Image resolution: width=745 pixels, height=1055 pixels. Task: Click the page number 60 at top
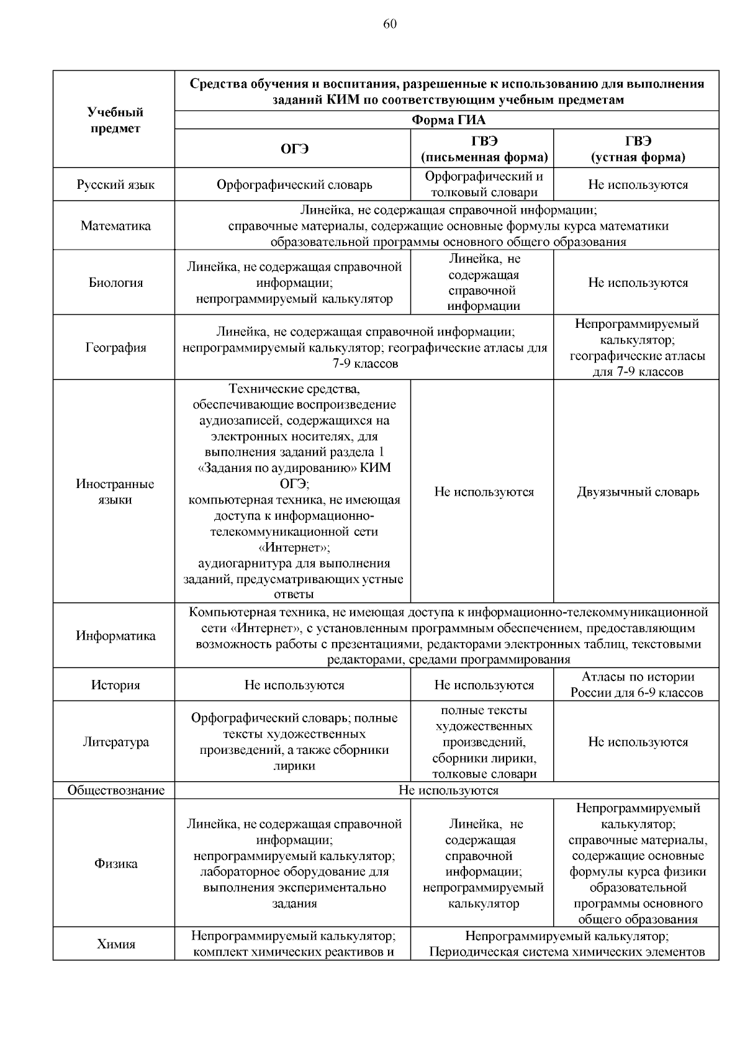tap(390, 24)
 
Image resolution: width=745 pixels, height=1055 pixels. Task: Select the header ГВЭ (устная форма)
tap(638, 149)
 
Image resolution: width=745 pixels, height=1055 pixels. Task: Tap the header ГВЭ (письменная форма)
tap(484, 149)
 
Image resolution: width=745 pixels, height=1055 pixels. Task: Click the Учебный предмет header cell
tap(115, 120)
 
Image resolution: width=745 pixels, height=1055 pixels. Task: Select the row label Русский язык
tap(115, 184)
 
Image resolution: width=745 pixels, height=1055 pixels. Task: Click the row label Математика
tap(115, 226)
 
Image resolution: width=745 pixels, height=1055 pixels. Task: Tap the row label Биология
tap(115, 283)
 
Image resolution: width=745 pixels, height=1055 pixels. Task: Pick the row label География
tap(115, 348)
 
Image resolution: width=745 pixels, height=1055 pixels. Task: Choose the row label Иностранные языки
tap(115, 492)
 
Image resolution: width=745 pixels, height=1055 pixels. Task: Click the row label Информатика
tap(115, 636)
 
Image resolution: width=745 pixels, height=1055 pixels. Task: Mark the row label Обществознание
tap(115, 790)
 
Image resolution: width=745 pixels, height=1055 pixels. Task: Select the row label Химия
tap(115, 944)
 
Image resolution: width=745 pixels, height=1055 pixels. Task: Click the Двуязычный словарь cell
tap(638, 492)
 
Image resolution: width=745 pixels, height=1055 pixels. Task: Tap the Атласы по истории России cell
tap(637, 685)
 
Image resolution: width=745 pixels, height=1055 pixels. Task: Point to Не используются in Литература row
tap(638, 742)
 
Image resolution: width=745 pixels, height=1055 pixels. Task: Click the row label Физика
tap(115, 864)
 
